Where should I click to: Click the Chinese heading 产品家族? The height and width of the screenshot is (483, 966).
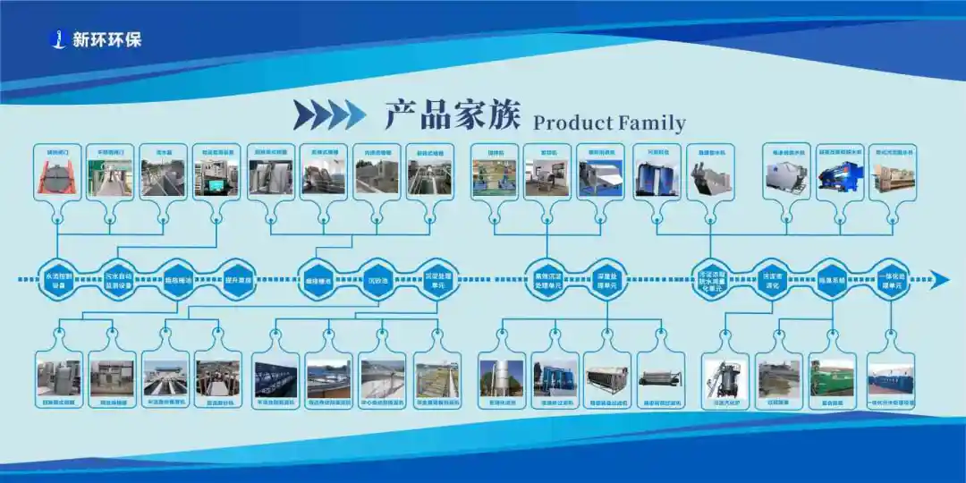[x=453, y=116]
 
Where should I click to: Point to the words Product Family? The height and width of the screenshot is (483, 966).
[x=609, y=123]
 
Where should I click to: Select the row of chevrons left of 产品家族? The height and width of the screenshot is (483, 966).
[x=330, y=114]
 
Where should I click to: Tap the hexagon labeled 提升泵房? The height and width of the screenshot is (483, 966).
[x=239, y=280]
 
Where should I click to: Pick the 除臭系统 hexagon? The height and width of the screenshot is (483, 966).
[x=832, y=280]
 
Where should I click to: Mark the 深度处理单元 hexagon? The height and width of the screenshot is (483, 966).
[x=609, y=280]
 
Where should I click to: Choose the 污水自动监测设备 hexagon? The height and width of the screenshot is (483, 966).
[x=118, y=280]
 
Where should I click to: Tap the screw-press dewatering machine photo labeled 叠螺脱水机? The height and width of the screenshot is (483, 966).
[x=710, y=178]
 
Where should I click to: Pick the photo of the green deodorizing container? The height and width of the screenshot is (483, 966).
[x=832, y=377]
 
